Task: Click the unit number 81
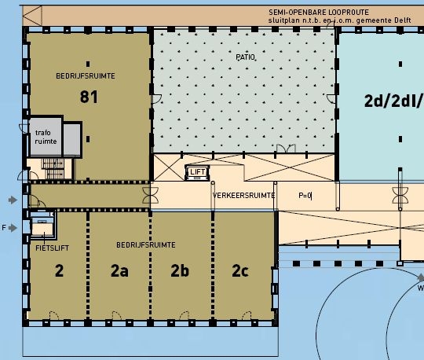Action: coord(89,97)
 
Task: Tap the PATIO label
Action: coord(245,57)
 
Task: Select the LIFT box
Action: coord(197,172)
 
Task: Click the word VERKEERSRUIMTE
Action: coord(243,196)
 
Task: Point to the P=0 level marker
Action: coord(305,196)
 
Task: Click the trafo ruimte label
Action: coord(46,137)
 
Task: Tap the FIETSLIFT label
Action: coord(52,248)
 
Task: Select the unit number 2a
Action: coord(119,270)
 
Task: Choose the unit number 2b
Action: coord(180,270)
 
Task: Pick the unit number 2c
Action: coord(240,270)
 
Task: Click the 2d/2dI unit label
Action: coord(393,101)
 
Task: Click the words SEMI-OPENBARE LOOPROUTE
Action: coord(319,13)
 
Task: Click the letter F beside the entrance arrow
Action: coord(4,228)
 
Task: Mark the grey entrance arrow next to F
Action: coord(13,228)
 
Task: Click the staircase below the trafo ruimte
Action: coord(53,168)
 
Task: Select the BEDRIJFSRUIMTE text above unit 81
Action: coord(86,76)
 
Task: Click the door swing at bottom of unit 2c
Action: coord(247,316)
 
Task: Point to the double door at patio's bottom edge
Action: coord(286,149)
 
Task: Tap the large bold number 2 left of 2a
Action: coord(59,270)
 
